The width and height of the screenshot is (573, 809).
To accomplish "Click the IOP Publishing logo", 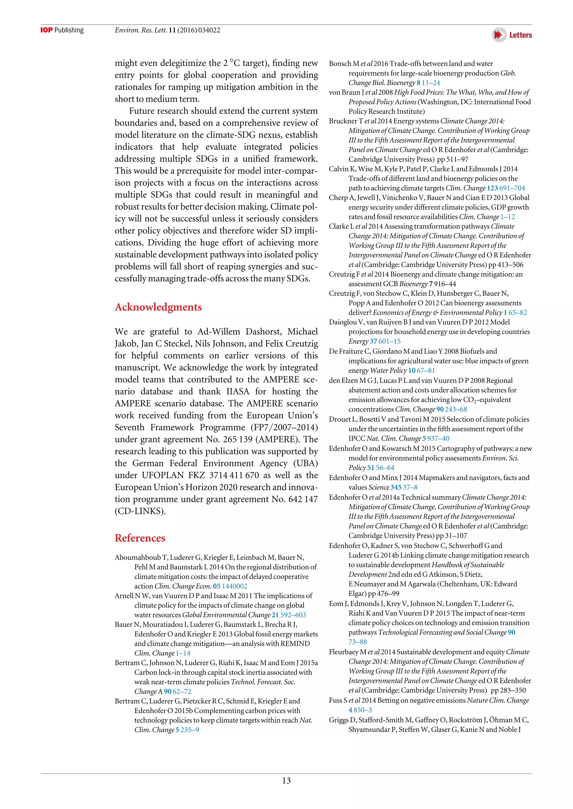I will tap(62, 30).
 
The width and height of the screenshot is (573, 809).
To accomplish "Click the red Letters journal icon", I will tap(499, 35).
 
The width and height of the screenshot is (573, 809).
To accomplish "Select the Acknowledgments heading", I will tap(158, 307).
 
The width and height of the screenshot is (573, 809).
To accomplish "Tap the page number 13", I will tap(286, 781).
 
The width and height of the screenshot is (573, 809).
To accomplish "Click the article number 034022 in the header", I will tap(209, 30).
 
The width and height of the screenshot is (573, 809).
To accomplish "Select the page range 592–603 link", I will tap(293, 615).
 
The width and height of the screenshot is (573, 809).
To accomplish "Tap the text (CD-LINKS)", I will tap(140, 511).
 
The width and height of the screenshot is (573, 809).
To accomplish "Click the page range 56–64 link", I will tap(385, 468).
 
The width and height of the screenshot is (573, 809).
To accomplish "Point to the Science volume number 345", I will tap(396, 487).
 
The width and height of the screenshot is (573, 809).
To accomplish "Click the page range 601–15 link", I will tap(389, 341).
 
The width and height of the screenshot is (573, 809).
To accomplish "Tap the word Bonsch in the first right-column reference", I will tap(340, 64).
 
